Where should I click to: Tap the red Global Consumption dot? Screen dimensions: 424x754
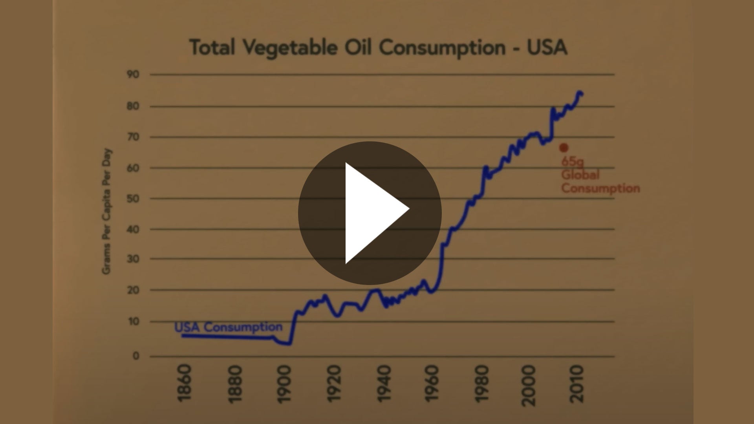point(564,148)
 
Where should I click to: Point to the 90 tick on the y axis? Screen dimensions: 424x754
point(133,74)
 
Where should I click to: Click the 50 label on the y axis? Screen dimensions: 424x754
point(133,198)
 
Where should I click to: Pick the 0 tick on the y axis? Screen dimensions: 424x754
point(136,356)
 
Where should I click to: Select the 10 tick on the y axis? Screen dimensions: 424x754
point(133,322)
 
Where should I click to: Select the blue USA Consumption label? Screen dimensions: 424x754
point(228,327)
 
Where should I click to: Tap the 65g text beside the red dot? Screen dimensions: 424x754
point(572,161)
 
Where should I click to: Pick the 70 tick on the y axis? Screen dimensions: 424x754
point(133,137)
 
